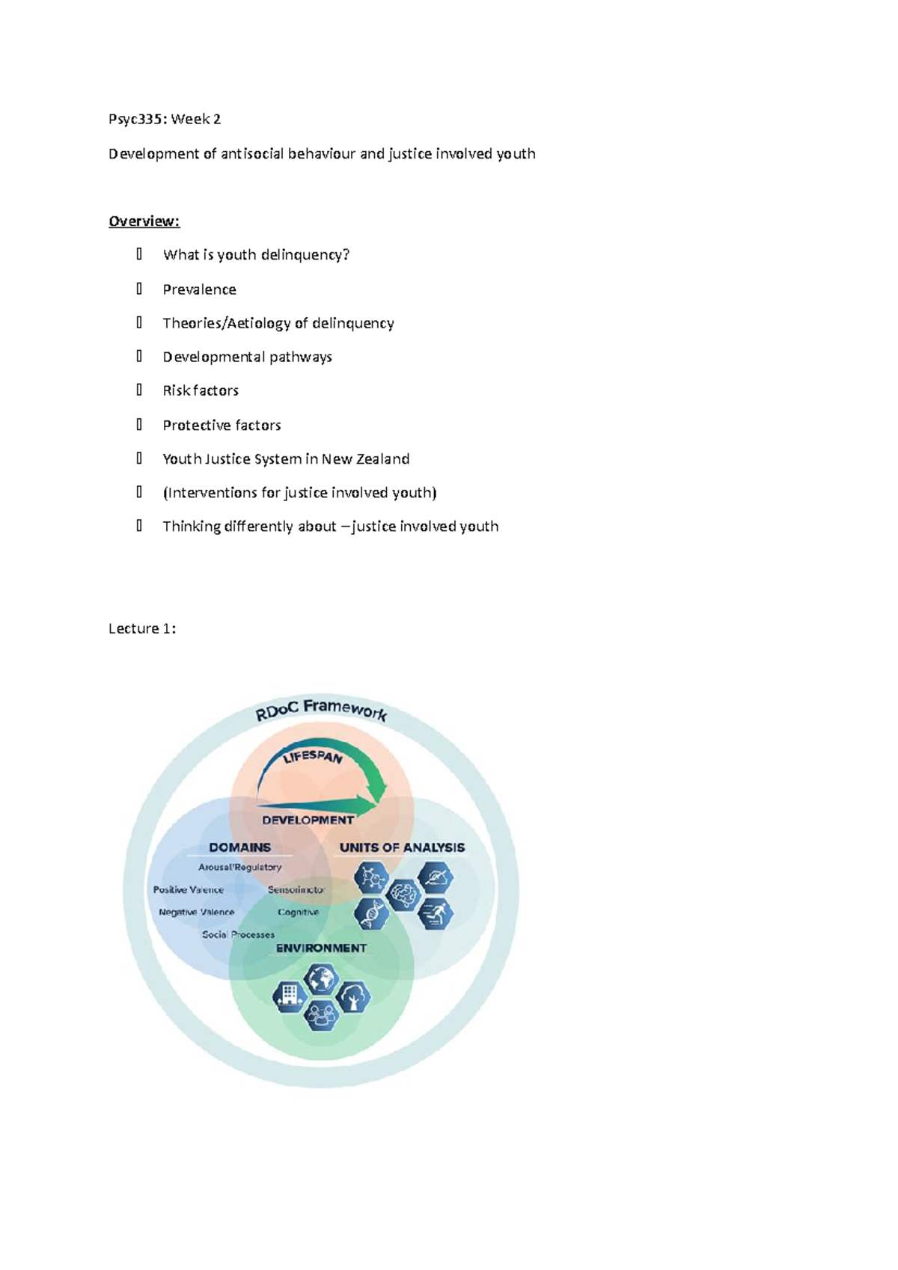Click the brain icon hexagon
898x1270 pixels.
coord(404,894)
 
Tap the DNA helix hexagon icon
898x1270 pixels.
coord(372,913)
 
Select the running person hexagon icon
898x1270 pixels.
coord(436,913)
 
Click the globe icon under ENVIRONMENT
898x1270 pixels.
coord(321,978)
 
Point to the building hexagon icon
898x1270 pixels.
coord(289,996)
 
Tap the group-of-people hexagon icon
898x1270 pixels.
coord(321,1015)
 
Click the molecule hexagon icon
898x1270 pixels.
coord(372,877)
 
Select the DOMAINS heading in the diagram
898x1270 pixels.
coord(239,847)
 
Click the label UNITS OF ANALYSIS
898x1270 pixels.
coord(402,847)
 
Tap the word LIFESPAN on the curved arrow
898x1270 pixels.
coord(313,757)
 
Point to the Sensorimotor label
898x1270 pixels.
coord(296,890)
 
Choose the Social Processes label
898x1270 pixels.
coord(238,935)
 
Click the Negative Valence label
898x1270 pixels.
coord(196,912)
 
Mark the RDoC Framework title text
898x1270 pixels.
coord(321,709)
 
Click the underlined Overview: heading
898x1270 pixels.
coord(144,221)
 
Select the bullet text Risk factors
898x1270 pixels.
coord(201,390)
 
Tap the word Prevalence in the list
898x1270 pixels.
coord(199,289)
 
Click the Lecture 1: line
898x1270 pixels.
coord(142,628)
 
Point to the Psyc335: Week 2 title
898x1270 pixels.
coord(165,119)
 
